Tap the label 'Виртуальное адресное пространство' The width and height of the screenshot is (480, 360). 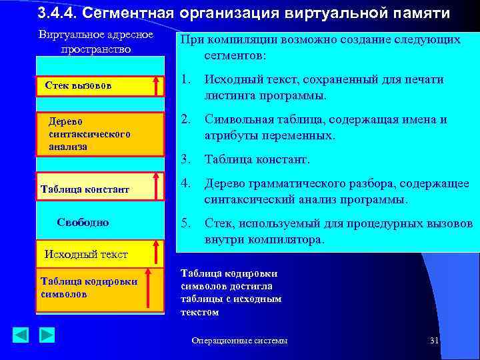[95, 42]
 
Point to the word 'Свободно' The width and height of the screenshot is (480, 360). [83, 222]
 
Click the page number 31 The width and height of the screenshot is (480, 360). [434, 341]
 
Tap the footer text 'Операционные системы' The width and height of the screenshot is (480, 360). [239, 341]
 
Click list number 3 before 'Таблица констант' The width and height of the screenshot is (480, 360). [187, 159]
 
